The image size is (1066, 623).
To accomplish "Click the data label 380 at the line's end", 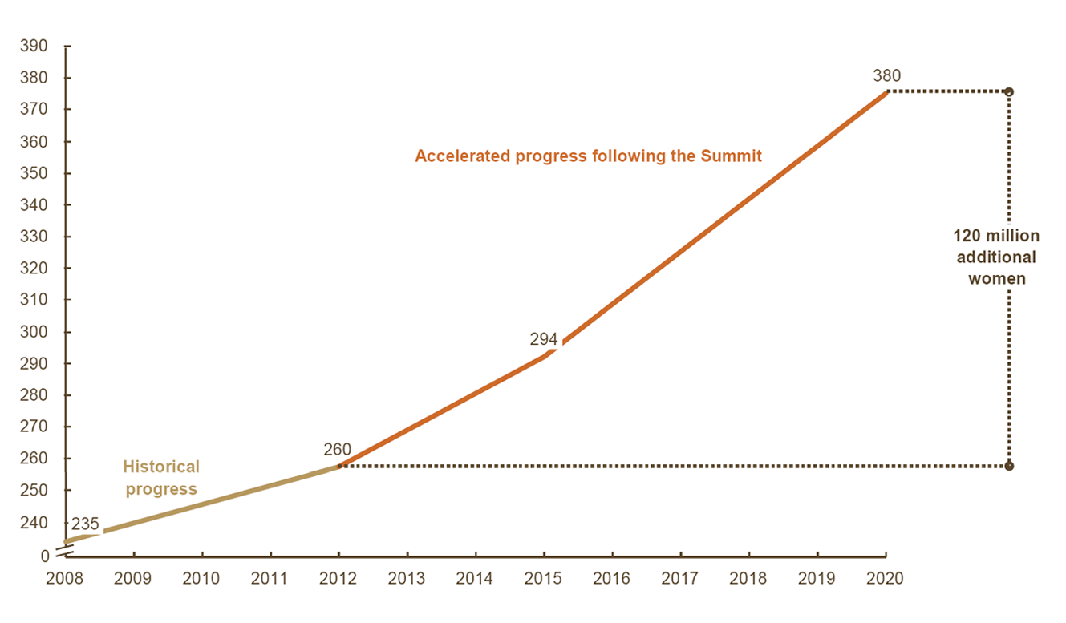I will [x=886, y=76].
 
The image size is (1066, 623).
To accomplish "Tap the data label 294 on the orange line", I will [x=544, y=339].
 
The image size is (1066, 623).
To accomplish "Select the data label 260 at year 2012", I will [x=338, y=450].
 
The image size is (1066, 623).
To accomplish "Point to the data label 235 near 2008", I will [x=85, y=524].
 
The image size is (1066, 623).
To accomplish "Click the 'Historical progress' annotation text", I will [x=161, y=478].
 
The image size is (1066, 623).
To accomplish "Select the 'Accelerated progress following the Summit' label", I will [x=588, y=156].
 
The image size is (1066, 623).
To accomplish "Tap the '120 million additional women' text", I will [x=996, y=257].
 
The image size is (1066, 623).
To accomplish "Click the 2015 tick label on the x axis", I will [x=544, y=579].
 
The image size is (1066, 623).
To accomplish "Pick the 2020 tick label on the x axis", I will [x=886, y=579].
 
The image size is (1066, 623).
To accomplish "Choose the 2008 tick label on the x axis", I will [x=65, y=579].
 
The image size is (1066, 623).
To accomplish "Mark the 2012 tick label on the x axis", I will [x=338, y=579].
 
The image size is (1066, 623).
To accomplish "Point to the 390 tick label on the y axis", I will [x=34, y=47].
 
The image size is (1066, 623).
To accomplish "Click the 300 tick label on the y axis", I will [x=34, y=332].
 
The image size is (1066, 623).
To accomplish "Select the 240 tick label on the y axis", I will [x=34, y=522].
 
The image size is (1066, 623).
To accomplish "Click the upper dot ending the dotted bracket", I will [x=1009, y=91].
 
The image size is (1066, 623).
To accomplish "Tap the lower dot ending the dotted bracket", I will [x=1009, y=466].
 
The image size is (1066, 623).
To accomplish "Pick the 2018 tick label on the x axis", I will [x=749, y=579].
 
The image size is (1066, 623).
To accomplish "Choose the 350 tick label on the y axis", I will [x=34, y=173].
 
